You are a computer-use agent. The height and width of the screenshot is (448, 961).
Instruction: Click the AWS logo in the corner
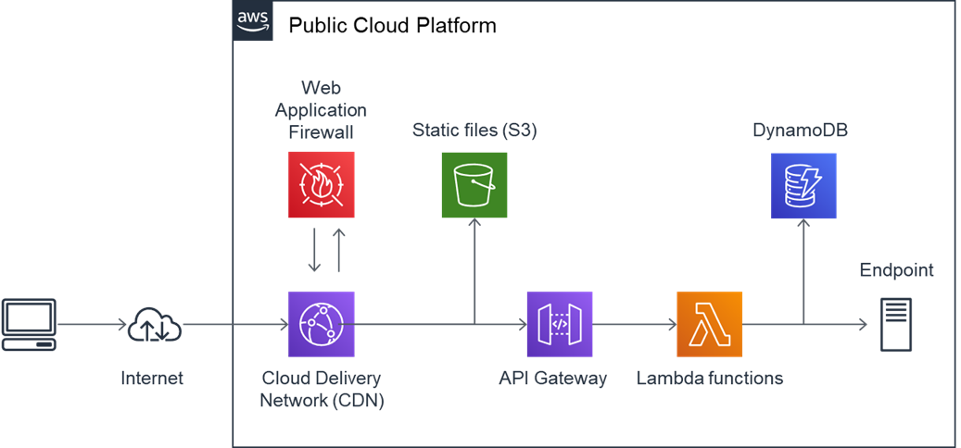(x=252, y=19)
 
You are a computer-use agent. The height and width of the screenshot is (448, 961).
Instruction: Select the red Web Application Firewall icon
(x=322, y=185)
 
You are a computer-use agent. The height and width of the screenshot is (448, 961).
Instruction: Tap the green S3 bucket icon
(x=474, y=185)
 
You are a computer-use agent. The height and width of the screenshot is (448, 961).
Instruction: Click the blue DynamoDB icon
(x=803, y=186)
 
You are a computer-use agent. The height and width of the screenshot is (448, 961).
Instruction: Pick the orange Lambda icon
(x=710, y=324)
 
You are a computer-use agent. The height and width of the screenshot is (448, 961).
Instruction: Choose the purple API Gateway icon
(x=560, y=324)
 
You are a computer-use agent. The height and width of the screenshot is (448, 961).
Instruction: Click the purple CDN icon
(x=322, y=324)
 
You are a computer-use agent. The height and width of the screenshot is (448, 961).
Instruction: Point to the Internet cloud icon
(x=155, y=324)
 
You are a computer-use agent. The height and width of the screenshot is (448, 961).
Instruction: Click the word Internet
(x=152, y=379)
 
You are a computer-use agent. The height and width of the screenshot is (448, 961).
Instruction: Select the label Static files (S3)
(x=474, y=131)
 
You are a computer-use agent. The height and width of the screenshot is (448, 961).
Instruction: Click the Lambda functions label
(x=710, y=379)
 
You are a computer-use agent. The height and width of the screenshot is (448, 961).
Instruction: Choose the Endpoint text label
(x=896, y=270)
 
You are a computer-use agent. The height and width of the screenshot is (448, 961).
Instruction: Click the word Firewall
(x=322, y=131)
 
